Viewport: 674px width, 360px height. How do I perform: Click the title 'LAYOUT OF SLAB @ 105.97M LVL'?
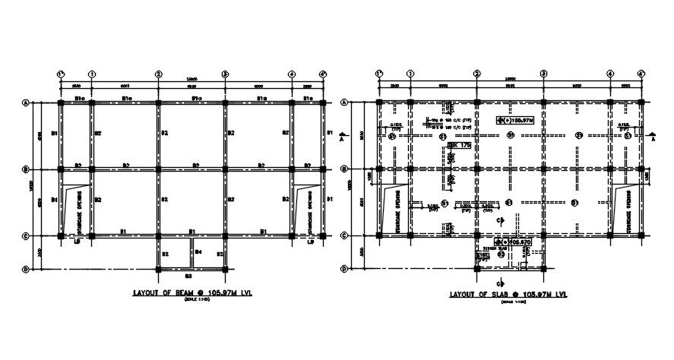click(x=508, y=294)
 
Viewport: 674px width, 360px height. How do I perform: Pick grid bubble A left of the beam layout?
click(x=26, y=102)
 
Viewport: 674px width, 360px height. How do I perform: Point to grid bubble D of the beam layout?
click(x=26, y=269)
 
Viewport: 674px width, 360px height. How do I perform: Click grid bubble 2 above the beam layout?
click(x=158, y=74)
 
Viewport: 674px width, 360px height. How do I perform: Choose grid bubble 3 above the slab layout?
click(x=543, y=74)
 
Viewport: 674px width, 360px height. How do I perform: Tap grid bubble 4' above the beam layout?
click(x=323, y=74)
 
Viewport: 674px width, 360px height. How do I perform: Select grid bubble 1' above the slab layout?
click(x=378, y=74)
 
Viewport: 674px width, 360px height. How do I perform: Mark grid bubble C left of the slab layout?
click(x=344, y=235)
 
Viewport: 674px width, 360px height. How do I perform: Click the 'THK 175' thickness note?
click(x=457, y=144)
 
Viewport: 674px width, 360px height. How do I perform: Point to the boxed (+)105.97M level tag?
click(x=517, y=119)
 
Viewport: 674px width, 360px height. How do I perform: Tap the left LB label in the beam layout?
click(x=76, y=242)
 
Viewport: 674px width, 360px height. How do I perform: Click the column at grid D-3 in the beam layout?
click(x=225, y=269)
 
